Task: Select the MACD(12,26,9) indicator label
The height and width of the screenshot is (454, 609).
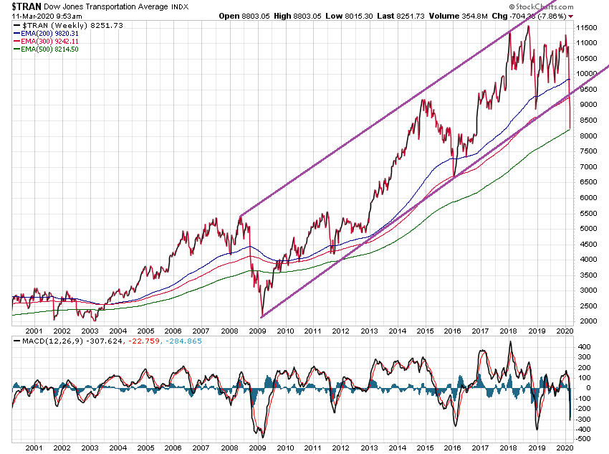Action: pos(43,341)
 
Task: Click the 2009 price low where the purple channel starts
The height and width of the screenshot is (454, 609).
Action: pos(262,316)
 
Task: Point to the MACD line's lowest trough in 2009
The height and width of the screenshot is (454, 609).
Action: pos(263,437)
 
